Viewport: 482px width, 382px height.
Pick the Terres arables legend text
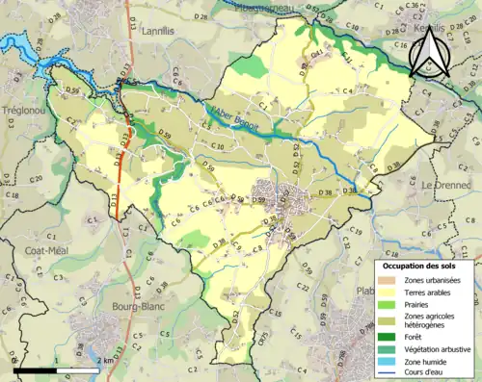click(431, 293)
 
